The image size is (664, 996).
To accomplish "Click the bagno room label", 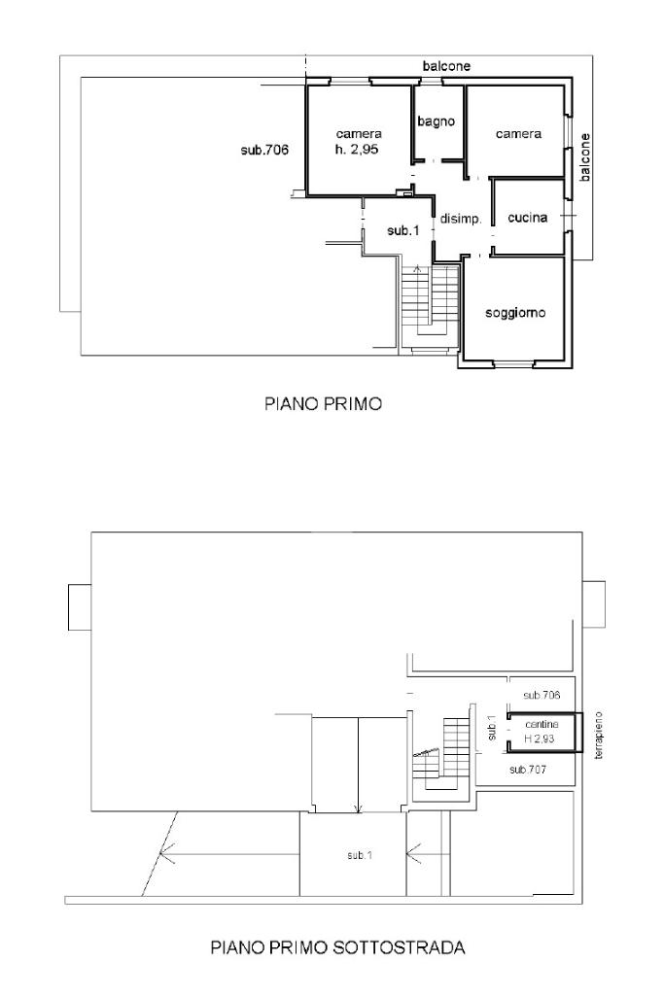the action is click(x=436, y=121).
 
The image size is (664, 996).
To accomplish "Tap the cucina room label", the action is click(x=527, y=218).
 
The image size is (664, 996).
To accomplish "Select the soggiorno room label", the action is click(x=515, y=313).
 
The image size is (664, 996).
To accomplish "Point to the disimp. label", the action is click(x=462, y=220).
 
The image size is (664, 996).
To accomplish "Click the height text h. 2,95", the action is click(x=357, y=151).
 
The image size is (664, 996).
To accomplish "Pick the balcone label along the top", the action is click(x=446, y=65).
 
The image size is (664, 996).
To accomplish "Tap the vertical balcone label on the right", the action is click(x=584, y=157).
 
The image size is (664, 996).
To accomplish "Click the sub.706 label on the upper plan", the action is click(x=265, y=151).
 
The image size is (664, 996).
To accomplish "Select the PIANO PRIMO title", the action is click(x=324, y=403).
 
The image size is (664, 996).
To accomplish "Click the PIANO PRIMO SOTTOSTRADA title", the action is click(x=338, y=947).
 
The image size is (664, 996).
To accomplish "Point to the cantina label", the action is click(x=542, y=724).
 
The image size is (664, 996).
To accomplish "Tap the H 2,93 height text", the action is click(x=540, y=738).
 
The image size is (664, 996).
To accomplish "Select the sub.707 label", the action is click(x=527, y=770).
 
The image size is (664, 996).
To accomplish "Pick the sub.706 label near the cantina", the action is click(x=542, y=695).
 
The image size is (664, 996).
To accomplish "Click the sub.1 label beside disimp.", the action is click(x=403, y=230).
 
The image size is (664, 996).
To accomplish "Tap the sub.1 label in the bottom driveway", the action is click(x=360, y=856).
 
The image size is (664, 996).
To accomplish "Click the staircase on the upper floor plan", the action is click(x=430, y=306).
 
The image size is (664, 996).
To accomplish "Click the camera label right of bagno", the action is click(x=518, y=134).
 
